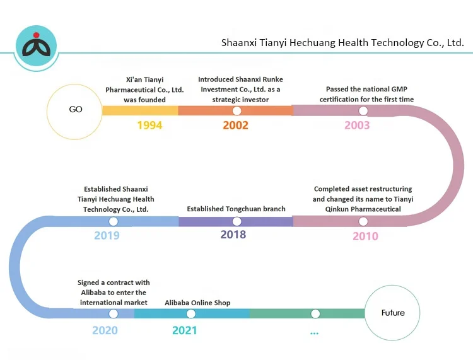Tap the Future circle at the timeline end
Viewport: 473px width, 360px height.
[393, 313]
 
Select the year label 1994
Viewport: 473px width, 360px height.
[149, 125]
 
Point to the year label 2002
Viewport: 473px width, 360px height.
[235, 125]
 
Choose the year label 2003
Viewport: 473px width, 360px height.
[357, 125]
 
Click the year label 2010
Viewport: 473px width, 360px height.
[365, 236]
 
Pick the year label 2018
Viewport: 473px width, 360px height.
[233, 235]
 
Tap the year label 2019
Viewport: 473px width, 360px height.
[107, 236]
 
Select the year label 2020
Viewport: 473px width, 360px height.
[105, 330]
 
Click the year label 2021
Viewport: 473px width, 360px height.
[185, 330]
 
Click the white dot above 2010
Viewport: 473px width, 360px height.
[363, 221]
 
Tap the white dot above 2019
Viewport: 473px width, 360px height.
[114, 221]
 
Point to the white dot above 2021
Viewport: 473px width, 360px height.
[191, 313]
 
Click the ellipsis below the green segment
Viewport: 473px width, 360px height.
[315, 332]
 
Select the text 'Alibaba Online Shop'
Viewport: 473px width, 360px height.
[197, 303]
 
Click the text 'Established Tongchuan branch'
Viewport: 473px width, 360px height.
[237, 209]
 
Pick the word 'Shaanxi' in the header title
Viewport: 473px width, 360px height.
[238, 44]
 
